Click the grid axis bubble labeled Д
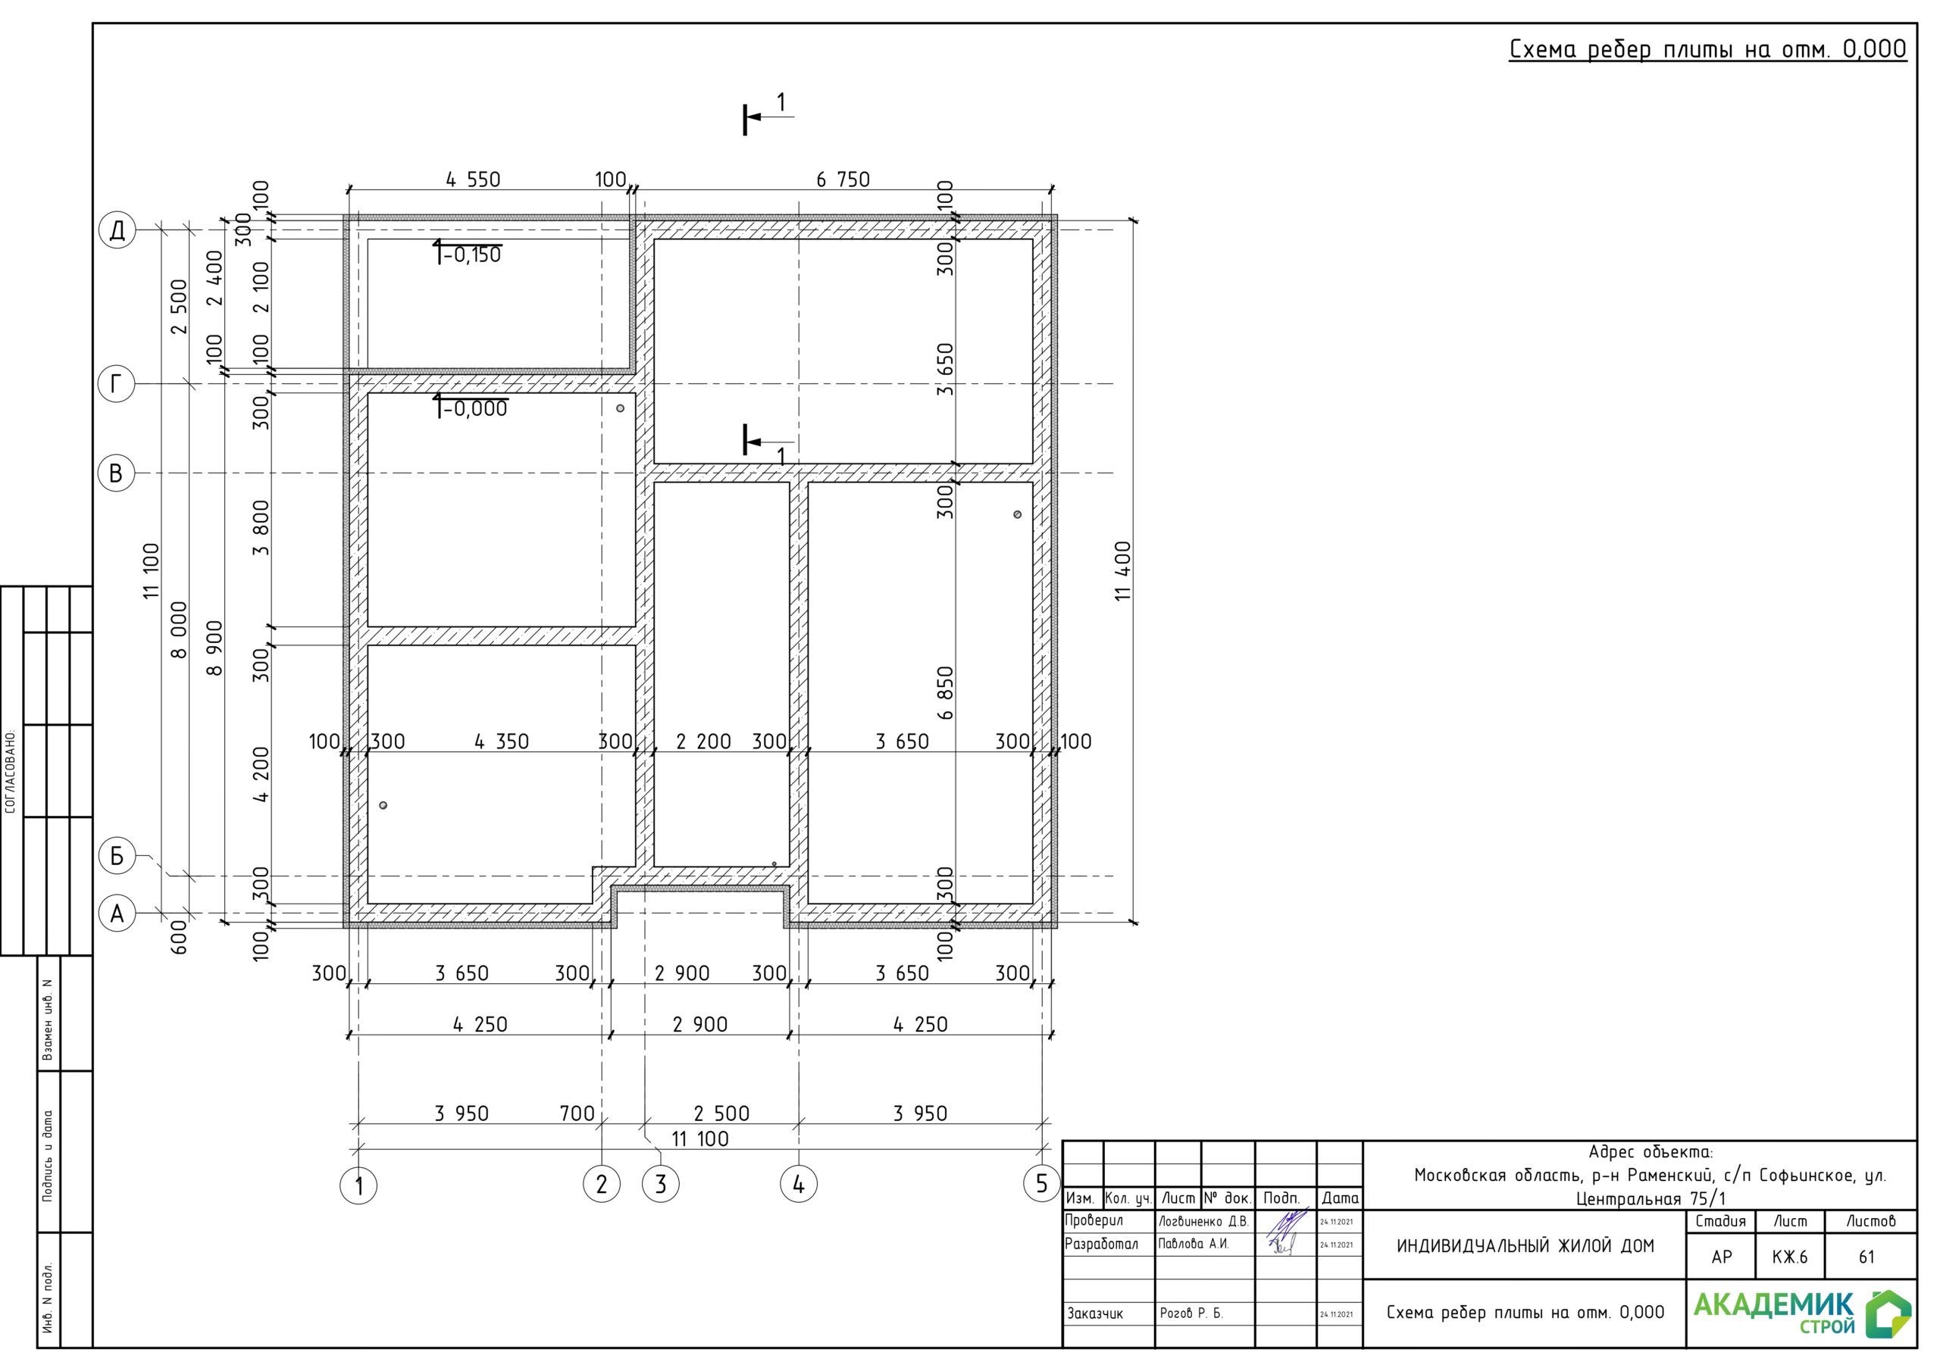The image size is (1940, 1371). click(x=117, y=230)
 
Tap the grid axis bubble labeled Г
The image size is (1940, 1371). click(x=117, y=383)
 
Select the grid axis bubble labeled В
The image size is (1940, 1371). click(x=117, y=473)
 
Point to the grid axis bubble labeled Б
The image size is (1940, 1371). click(x=117, y=856)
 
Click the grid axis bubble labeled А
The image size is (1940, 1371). click(x=117, y=913)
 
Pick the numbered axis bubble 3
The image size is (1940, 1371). click(x=661, y=1185)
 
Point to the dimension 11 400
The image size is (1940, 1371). click(x=1122, y=571)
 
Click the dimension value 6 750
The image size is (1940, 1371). click(x=843, y=179)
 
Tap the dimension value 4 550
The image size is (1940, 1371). click(x=473, y=179)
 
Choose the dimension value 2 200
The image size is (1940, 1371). click(x=703, y=742)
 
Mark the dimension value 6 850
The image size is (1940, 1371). click(x=946, y=692)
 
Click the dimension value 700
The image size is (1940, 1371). click(x=577, y=1113)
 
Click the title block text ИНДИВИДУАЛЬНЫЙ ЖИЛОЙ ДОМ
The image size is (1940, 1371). click(x=1525, y=1246)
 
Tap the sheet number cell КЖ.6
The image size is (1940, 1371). click(x=1790, y=1257)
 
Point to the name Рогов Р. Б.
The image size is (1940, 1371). click(x=1191, y=1313)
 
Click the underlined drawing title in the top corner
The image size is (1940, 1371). click(x=1707, y=50)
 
